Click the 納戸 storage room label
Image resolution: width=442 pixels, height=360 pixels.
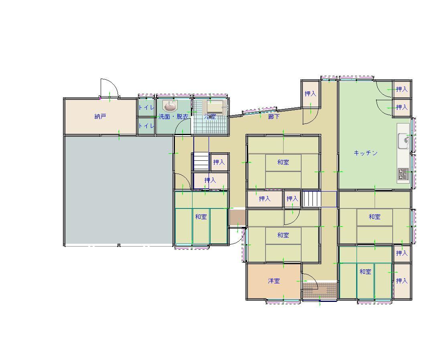pos(100,116)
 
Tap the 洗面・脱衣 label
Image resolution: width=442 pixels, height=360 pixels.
pos(173,117)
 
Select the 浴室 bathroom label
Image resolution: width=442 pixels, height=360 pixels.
pos(210,116)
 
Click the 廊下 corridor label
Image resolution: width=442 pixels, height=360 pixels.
pos(274,116)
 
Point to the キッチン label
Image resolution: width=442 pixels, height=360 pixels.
pos(366,153)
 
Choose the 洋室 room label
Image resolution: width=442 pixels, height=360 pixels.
pos(274,281)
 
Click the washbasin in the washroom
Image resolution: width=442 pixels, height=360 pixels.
pos(170,107)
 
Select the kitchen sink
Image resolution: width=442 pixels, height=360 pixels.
pos(403,141)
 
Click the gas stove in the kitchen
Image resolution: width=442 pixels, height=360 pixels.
pos(403,174)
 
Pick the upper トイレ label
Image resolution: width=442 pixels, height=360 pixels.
pos(146,107)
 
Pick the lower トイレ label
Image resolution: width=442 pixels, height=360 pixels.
pos(146,125)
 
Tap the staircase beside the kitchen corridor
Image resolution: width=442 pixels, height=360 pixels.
pos(312,199)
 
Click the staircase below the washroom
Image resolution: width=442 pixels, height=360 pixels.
pos(201,161)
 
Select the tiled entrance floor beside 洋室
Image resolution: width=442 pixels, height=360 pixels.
pos(320,290)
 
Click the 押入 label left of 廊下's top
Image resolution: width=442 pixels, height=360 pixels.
pos(310,93)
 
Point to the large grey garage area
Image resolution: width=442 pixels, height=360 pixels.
pos(119,190)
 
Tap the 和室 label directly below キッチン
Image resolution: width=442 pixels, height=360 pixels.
pos(375,216)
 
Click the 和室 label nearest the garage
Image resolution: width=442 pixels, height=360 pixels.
pos(201,216)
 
